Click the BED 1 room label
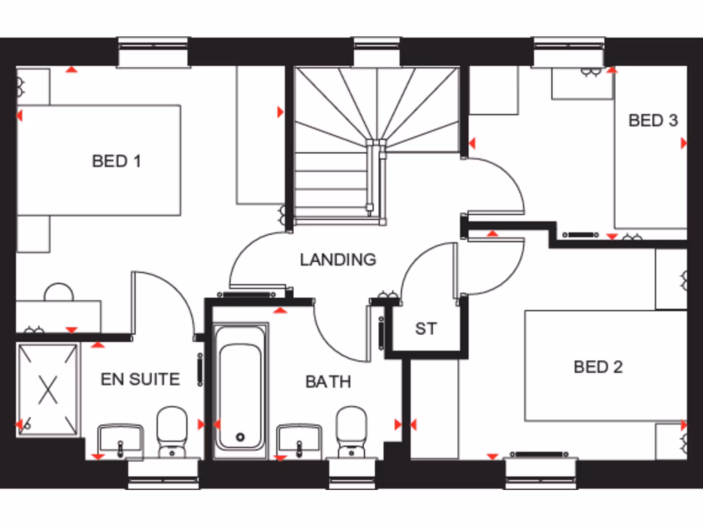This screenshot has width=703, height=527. (x=117, y=161)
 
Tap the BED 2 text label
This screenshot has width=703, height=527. (x=598, y=367)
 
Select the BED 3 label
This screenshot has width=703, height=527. (x=653, y=121)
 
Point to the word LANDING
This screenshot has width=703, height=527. (x=338, y=259)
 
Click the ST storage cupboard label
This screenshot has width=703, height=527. (x=426, y=329)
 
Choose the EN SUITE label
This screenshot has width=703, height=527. (x=140, y=379)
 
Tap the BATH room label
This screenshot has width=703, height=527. (x=328, y=382)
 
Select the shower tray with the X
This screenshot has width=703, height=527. (x=47, y=388)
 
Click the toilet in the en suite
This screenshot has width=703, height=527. (x=172, y=430)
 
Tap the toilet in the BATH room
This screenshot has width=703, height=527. (x=352, y=430)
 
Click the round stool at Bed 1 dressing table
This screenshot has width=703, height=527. (x=58, y=293)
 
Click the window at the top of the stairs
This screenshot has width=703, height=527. (x=377, y=52)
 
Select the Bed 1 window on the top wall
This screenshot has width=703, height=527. (x=154, y=52)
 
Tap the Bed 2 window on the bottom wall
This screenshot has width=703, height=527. (x=542, y=473)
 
